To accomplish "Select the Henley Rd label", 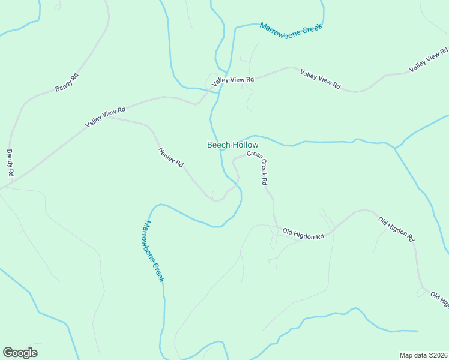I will (x=170, y=157).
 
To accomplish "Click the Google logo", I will (x=20, y=353).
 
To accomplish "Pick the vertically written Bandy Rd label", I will (x=10, y=163).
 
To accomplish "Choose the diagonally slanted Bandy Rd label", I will (x=67, y=82).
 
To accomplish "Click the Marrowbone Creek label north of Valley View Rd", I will (x=291, y=28).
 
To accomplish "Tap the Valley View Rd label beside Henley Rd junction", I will (x=105, y=116).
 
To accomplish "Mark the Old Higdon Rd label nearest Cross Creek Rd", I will (x=303, y=233).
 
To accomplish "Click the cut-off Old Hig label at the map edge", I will (x=440, y=301).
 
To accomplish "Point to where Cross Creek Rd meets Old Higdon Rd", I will (x=276, y=227).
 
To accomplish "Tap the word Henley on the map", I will (x=167, y=154).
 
